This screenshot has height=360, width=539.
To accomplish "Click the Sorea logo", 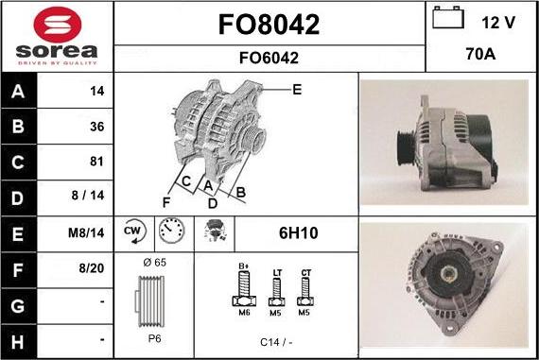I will click(57, 36).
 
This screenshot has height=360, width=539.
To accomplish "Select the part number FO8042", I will click(269, 25).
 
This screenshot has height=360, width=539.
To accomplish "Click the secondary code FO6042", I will click(269, 58).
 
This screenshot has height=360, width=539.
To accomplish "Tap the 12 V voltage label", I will click(499, 21).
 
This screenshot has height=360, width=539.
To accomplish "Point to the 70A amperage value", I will click(482, 56).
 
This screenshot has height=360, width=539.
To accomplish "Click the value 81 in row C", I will click(95, 161).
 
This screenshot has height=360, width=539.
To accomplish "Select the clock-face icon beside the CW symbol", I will click(171, 231).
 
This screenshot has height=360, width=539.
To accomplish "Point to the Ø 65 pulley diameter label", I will click(154, 261).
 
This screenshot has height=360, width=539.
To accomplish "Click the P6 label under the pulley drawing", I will click(154, 337).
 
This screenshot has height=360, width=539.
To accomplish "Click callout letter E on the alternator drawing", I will click(297, 90).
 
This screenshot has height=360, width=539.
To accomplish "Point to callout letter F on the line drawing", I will click(165, 201).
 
